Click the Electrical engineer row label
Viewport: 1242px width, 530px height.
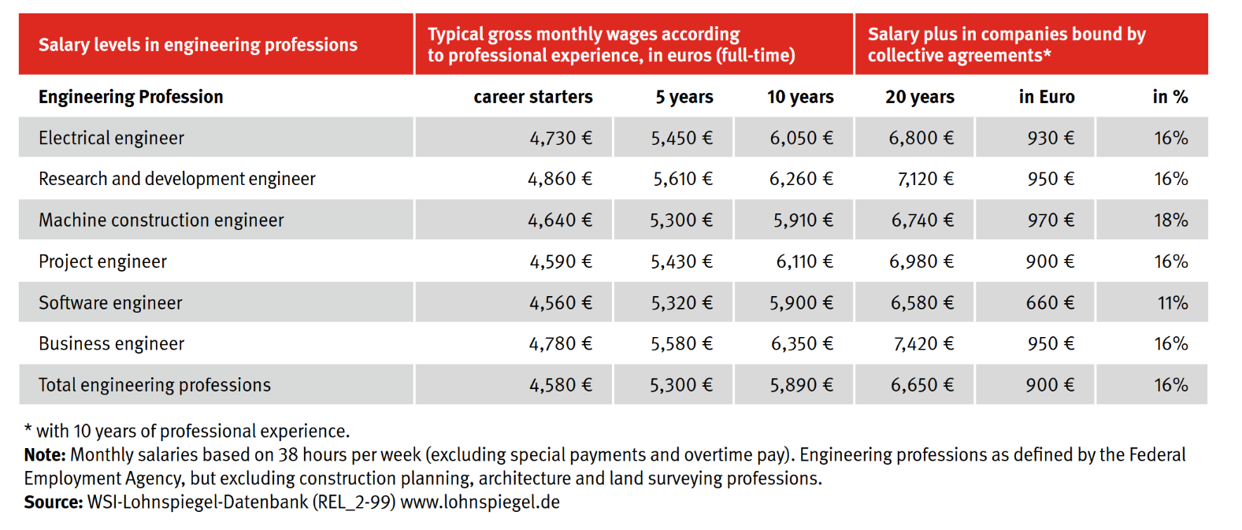pyautogui.click(x=111, y=138)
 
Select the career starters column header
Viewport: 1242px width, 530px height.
pyautogui.click(x=533, y=96)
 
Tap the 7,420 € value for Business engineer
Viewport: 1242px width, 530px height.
pyautogui.click(x=923, y=343)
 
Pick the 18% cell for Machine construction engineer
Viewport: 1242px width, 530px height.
pyautogui.click(x=1171, y=220)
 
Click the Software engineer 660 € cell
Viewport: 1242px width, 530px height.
pyautogui.click(x=1050, y=302)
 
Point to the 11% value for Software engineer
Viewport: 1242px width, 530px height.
pyautogui.click(x=1173, y=302)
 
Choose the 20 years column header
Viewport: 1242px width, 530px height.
pyautogui.click(x=920, y=96)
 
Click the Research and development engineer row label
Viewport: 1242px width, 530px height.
pyautogui.click(x=177, y=179)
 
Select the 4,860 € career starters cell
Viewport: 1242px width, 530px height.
pyautogui.click(x=560, y=179)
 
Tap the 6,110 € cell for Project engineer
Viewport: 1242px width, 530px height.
pyautogui.click(x=805, y=261)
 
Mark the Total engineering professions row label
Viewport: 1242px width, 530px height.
pyautogui.click(x=154, y=385)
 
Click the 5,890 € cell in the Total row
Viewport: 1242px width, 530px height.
pyautogui.click(x=801, y=385)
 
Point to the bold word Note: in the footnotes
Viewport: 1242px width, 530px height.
pyautogui.click(x=45, y=455)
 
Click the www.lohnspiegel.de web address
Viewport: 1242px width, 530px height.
pyautogui.click(x=480, y=502)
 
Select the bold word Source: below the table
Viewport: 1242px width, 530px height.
pyautogui.click(x=54, y=502)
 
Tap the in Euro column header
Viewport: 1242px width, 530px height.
pyautogui.click(x=1047, y=96)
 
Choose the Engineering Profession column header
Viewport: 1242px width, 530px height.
pyautogui.click(x=131, y=97)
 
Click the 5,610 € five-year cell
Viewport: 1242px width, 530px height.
pyautogui.click(x=683, y=179)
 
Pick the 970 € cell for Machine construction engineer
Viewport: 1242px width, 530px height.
pyautogui.click(x=1051, y=220)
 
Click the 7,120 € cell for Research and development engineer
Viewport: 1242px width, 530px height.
pyautogui.click(x=925, y=179)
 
